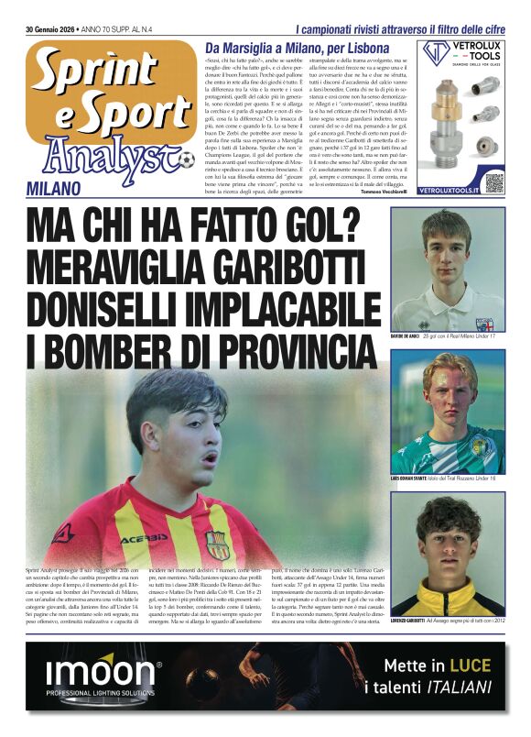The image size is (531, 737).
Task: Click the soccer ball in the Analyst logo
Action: click(x=187, y=161)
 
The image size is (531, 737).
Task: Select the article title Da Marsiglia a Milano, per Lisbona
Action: click(x=298, y=49)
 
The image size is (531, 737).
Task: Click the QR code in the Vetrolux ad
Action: click(x=494, y=181)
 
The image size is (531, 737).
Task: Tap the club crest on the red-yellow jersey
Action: click(x=217, y=545)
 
